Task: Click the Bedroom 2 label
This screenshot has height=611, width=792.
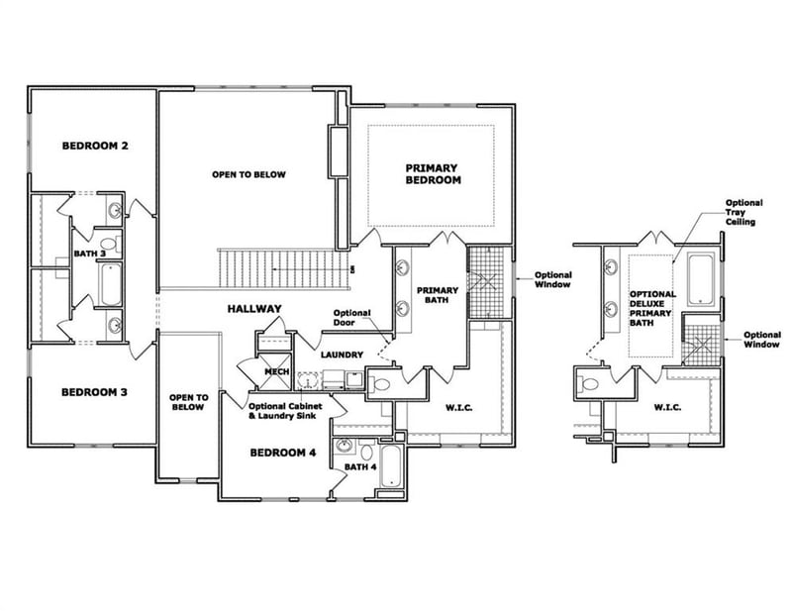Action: click(95, 146)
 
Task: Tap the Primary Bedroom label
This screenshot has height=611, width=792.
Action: click(433, 174)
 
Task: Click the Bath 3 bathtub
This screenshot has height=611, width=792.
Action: click(110, 284)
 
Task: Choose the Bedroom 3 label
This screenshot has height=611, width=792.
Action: click(94, 392)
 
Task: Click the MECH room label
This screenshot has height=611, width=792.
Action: click(276, 372)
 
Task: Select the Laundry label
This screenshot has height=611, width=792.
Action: click(341, 354)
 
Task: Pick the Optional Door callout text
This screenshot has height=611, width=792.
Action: click(352, 319)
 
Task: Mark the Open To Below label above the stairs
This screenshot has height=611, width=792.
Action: click(248, 174)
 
